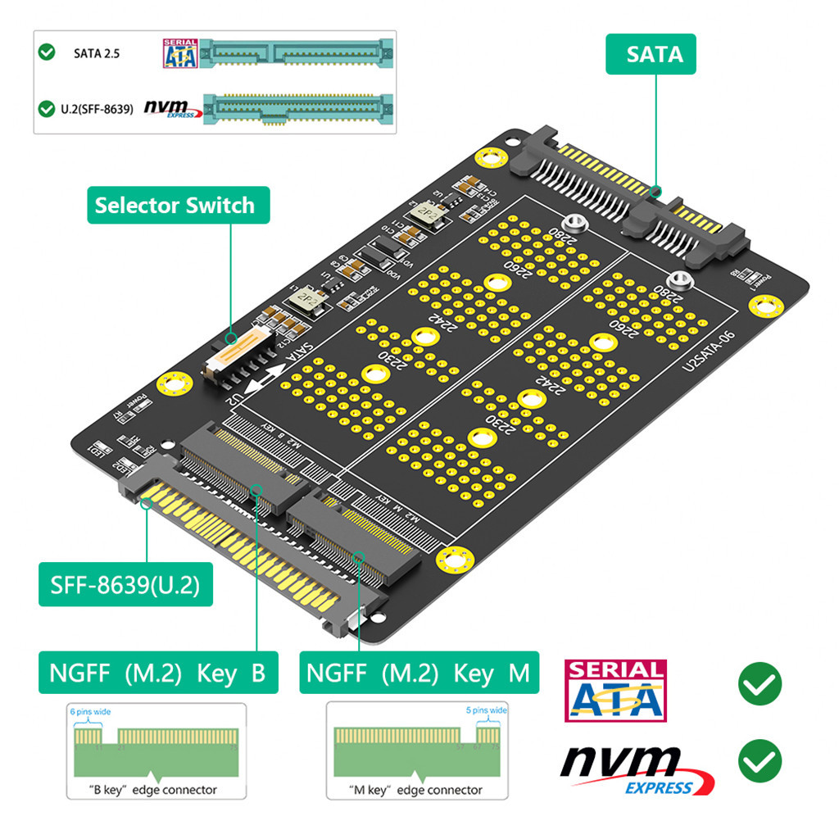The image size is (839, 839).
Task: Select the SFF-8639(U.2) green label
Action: click(x=125, y=585)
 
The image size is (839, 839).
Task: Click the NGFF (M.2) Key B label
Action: click(x=158, y=673)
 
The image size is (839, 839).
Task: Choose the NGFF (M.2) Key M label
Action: click(x=419, y=673)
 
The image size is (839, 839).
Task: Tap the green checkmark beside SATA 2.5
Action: click(x=48, y=52)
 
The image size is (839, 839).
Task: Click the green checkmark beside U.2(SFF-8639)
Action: click(x=48, y=108)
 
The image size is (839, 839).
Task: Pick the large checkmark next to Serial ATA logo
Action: click(x=760, y=684)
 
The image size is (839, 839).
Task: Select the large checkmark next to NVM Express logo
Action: click(x=760, y=760)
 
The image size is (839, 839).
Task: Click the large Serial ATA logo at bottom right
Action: click(x=615, y=691)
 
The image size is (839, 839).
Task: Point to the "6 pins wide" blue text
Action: click(x=90, y=712)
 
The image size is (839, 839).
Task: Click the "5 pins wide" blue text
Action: click(x=486, y=710)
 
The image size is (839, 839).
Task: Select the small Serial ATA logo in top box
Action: click(x=180, y=53)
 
